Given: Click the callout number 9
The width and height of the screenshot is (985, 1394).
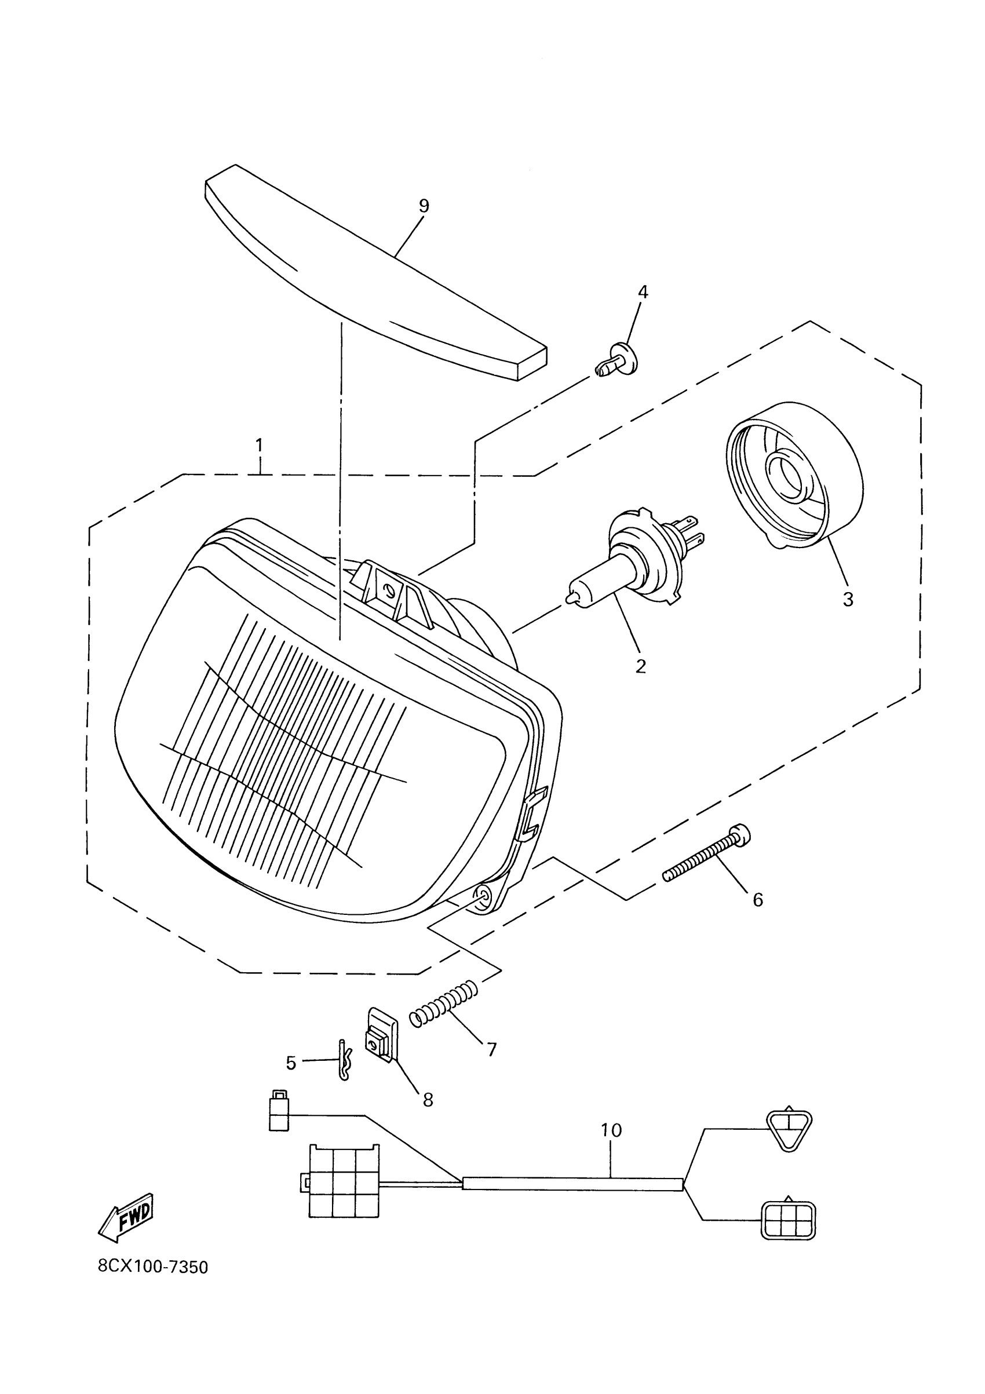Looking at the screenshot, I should pyautogui.click(x=424, y=206).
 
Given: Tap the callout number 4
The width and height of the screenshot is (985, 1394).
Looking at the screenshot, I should pyautogui.click(x=643, y=292).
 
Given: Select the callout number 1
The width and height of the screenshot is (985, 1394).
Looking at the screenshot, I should pyautogui.click(x=260, y=445).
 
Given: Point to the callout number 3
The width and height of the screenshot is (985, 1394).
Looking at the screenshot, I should pyautogui.click(x=848, y=599).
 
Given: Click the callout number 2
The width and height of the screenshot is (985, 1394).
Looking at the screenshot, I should pyautogui.click(x=641, y=666).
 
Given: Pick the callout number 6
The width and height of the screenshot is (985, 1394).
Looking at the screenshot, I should pyautogui.click(x=757, y=899).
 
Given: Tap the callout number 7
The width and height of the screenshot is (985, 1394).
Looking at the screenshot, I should pyautogui.click(x=492, y=1049).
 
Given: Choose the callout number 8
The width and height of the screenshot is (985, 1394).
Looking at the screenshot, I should pyautogui.click(x=428, y=1100).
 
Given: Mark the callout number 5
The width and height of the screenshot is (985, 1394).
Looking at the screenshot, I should pyautogui.click(x=291, y=1063).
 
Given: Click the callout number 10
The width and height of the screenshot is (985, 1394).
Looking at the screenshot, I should pyautogui.click(x=611, y=1130).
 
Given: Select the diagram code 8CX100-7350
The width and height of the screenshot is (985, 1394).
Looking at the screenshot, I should pyautogui.click(x=153, y=1267).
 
